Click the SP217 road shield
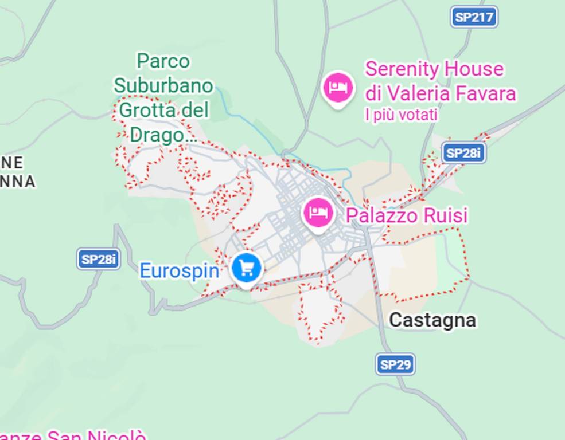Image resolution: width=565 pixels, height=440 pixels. click(474, 17)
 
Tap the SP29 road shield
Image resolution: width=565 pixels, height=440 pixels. click(395, 364)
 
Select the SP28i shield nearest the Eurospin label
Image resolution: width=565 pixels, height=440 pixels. click(98, 259)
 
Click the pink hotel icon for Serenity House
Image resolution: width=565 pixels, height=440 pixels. click(338, 88)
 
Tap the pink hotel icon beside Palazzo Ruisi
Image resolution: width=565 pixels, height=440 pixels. click(318, 213)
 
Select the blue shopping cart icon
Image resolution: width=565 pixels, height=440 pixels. click(247, 268)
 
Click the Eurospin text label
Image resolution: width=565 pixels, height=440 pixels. click(180, 270)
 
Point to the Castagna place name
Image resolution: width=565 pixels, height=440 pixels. click(432, 320)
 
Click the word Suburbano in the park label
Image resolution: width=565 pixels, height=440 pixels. click(163, 86)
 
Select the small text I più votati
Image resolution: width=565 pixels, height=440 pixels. click(401, 115)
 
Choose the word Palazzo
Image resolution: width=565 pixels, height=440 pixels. click(381, 215)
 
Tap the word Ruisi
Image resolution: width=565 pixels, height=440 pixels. click(445, 215)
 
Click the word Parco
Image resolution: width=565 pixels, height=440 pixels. click(163, 61)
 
